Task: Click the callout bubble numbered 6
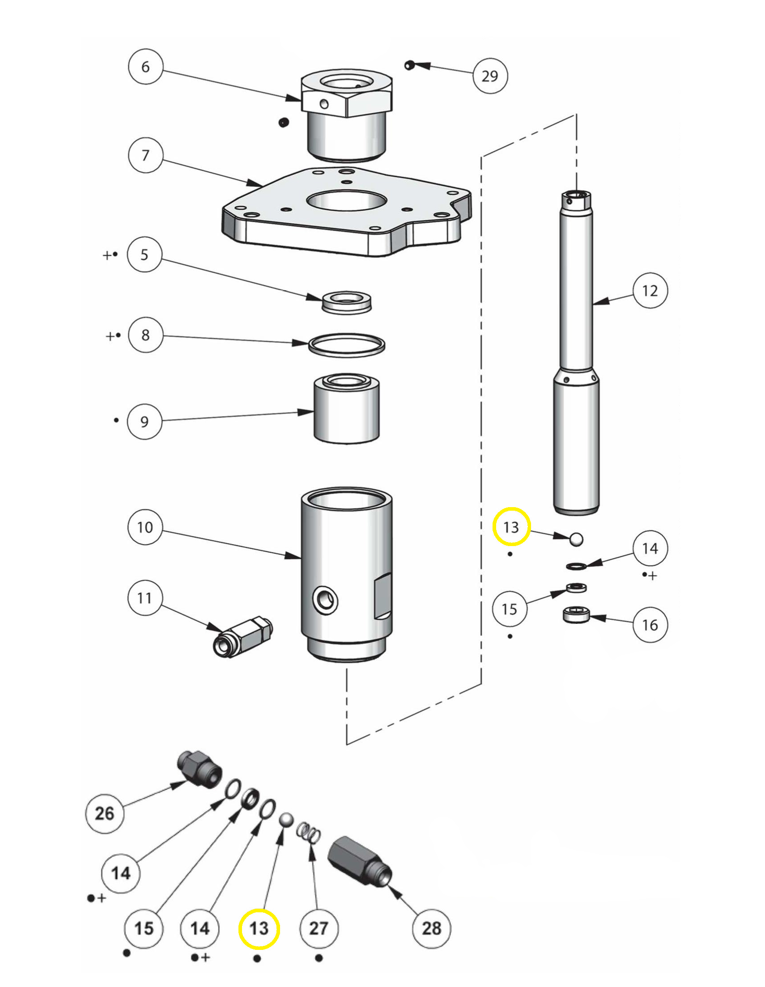point(145,67)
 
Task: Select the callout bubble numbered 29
point(490,76)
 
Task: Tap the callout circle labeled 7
point(145,156)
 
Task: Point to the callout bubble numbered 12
point(650,291)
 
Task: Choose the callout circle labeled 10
point(145,527)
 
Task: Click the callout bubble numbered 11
point(144,598)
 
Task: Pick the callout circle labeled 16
point(650,625)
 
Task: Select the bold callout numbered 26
point(104,813)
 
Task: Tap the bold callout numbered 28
point(432,929)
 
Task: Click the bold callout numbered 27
point(319,929)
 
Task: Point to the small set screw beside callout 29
point(410,65)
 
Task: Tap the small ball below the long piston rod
point(576,539)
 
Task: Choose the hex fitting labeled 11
point(242,637)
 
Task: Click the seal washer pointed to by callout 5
point(346,302)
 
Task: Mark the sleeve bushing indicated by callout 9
point(347,409)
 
